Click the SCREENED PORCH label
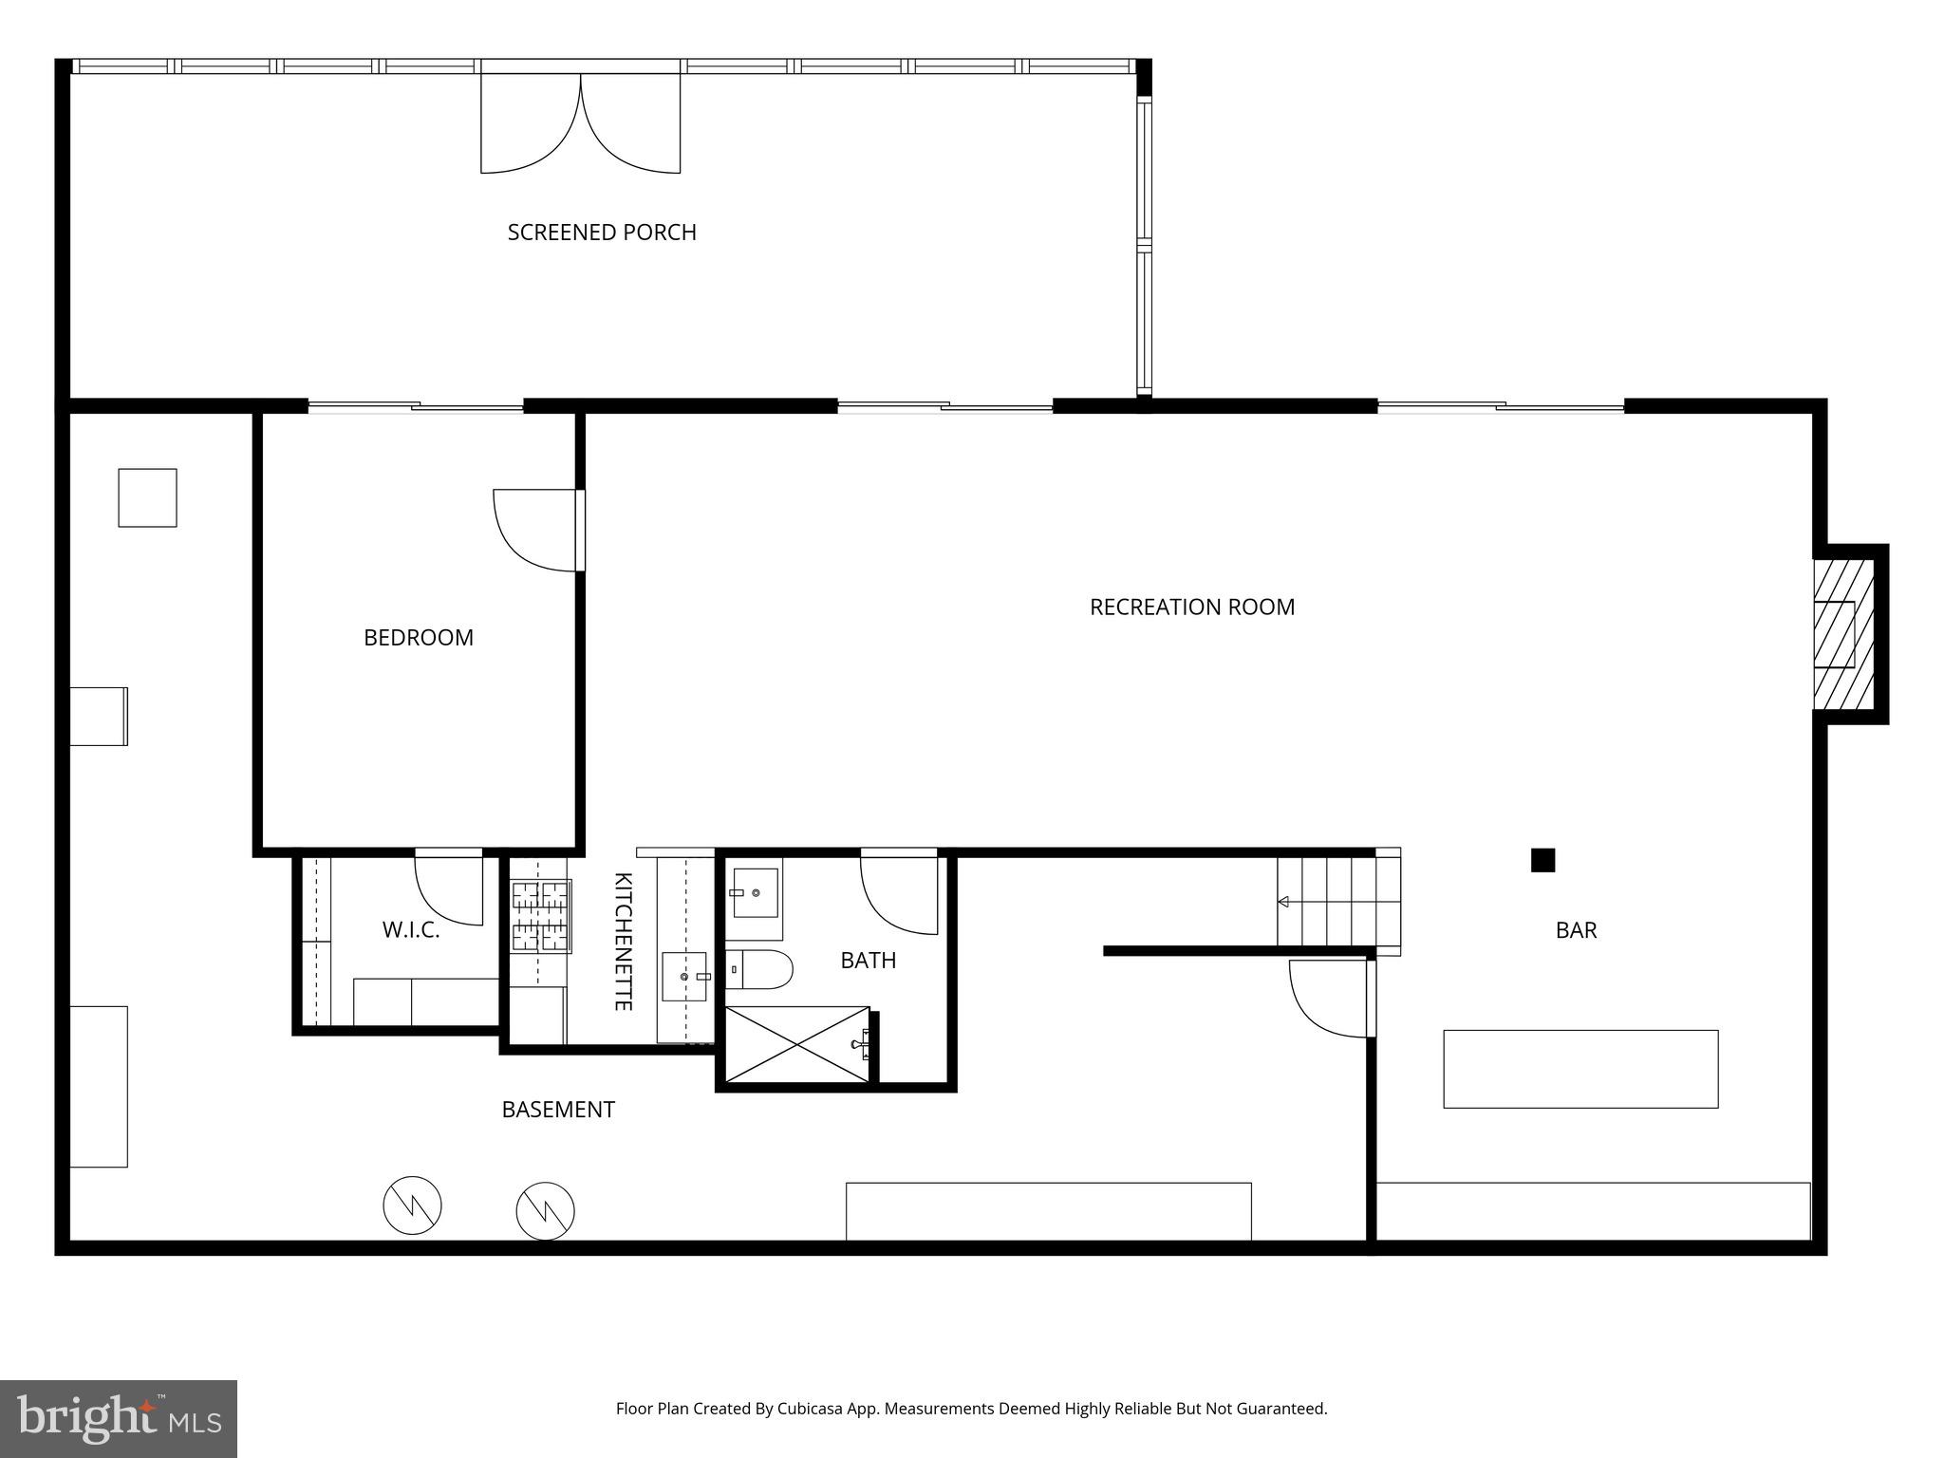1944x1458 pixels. tap(602, 233)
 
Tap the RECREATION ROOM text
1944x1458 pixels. tap(1191, 607)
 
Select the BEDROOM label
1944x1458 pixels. tap(418, 637)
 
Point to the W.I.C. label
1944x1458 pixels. tap(411, 930)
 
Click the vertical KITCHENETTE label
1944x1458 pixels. tap(624, 941)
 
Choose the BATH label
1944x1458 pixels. tap(868, 961)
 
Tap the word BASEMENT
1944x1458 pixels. tap(558, 1110)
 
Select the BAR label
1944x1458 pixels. tap(1576, 930)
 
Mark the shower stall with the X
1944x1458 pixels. tap(796, 1043)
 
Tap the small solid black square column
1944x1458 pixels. tap(1542, 860)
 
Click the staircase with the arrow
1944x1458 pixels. tap(1336, 902)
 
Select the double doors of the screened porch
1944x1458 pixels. tap(580, 123)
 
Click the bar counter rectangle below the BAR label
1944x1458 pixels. tap(1579, 1069)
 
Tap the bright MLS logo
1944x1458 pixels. tap(119, 1418)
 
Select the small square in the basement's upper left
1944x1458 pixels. tap(147, 497)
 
